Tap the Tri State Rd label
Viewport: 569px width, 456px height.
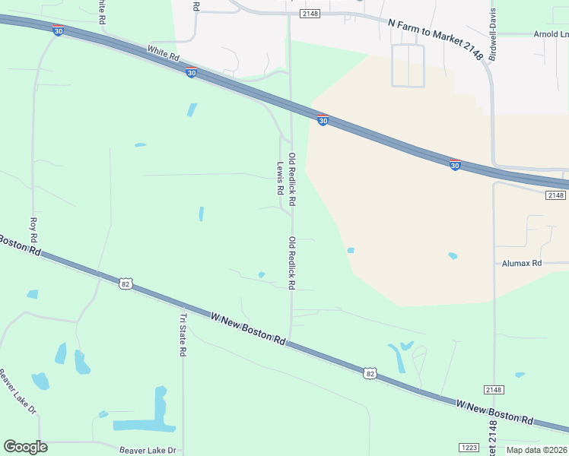(x=183, y=335)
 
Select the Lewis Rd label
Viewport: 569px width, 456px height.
(x=280, y=176)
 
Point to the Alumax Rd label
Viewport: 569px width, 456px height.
(x=521, y=263)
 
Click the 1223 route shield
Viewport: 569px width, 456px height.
(x=469, y=448)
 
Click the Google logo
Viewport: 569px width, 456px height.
(x=25, y=447)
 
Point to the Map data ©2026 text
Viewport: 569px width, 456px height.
(x=536, y=450)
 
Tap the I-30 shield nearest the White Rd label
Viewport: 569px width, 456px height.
(x=191, y=72)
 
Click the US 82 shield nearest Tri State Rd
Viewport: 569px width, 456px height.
(x=126, y=283)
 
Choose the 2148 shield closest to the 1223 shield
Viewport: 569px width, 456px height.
(x=493, y=390)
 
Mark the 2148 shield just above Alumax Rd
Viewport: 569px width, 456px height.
(x=555, y=195)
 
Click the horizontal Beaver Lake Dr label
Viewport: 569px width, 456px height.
(x=148, y=450)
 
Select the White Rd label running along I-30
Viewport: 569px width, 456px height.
(x=163, y=54)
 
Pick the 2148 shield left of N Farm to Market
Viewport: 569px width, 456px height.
(x=310, y=14)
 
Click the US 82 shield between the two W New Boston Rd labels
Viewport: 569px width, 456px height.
(x=370, y=372)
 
